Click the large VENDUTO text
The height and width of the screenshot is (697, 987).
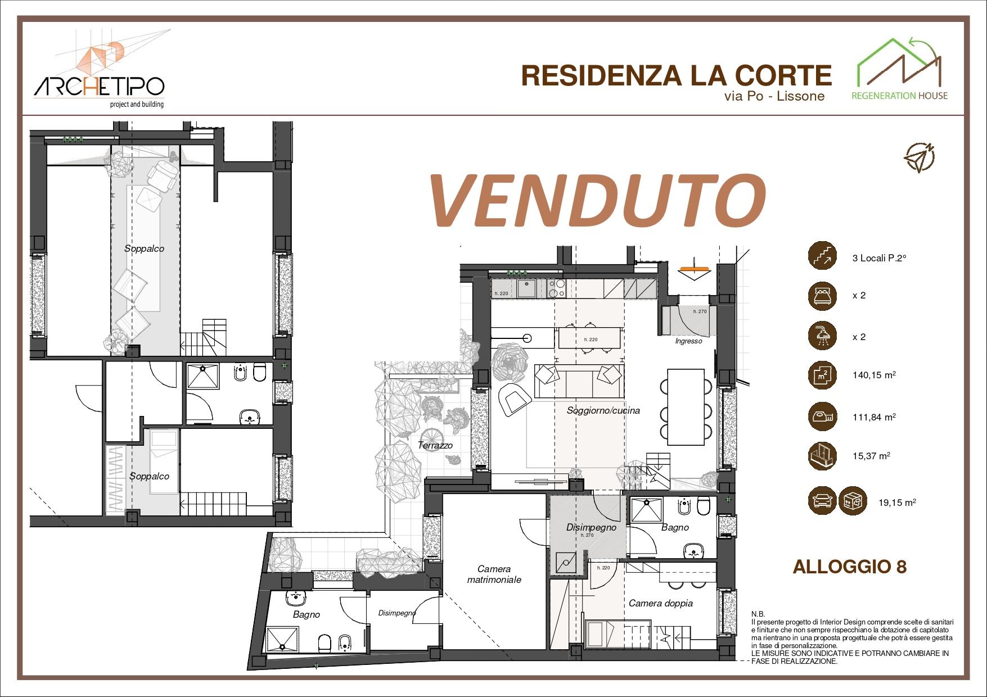597,201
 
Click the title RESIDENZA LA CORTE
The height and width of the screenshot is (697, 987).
676,76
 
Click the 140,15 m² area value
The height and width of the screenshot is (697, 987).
873,375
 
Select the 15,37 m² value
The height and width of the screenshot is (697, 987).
871,456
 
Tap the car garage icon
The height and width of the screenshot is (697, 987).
822,500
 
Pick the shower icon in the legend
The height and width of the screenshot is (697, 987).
822,336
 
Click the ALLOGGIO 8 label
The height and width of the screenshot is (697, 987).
849,567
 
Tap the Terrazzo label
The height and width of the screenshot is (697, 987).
435,445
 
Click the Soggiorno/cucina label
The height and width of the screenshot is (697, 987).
603,410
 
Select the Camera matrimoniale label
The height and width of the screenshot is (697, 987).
494,574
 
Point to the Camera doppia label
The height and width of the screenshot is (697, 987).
660,603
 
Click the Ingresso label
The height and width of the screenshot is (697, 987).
688,341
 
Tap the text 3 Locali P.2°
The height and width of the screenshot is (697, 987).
878,258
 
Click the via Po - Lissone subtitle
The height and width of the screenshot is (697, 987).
774,96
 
